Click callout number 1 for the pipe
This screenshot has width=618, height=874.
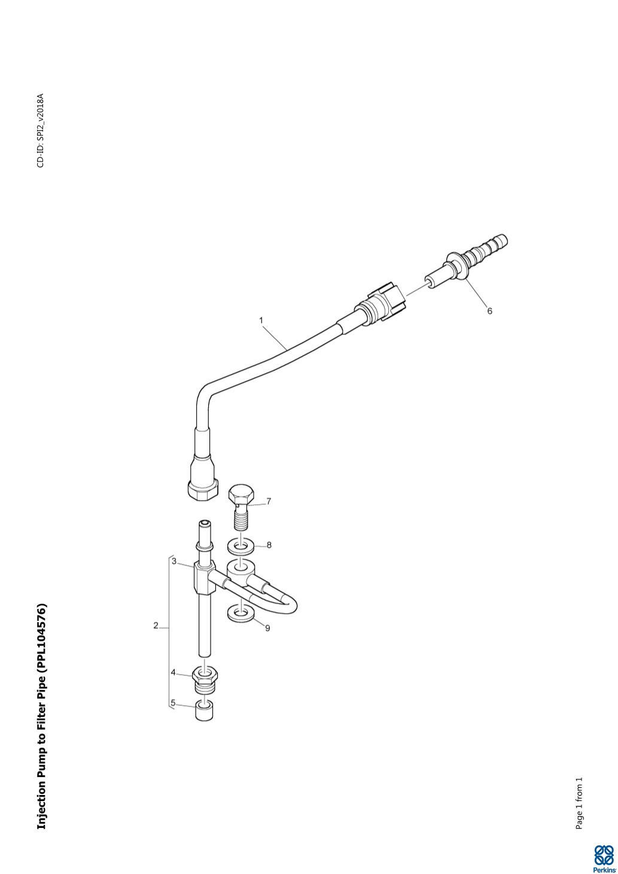[x=261, y=320]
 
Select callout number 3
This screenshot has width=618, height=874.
[x=174, y=561]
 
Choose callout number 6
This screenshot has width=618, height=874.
[x=489, y=310]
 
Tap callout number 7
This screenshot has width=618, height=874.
[x=269, y=501]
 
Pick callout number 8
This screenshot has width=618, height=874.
[x=269, y=545]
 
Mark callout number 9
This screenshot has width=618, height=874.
[x=267, y=628]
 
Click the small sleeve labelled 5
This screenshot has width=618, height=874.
[x=205, y=711]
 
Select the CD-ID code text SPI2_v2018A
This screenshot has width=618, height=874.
[x=41, y=119]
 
